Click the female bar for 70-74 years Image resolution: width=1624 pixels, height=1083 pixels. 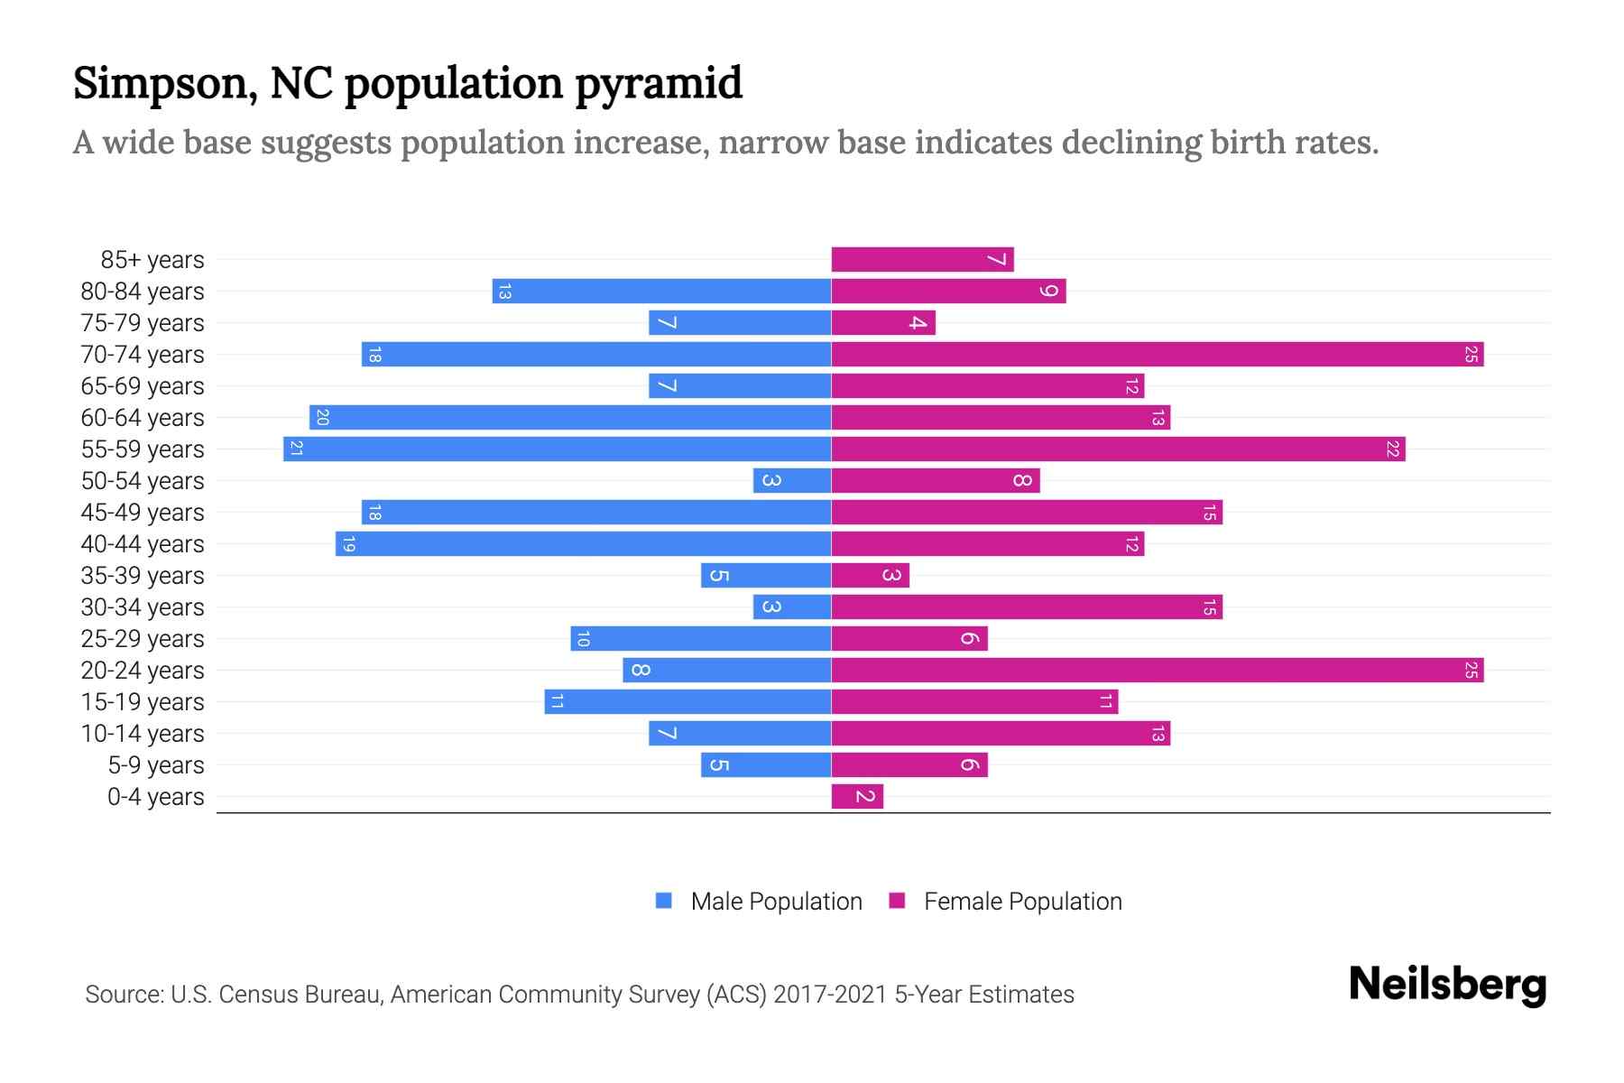click(x=1157, y=354)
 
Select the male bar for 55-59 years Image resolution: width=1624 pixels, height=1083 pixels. click(x=557, y=449)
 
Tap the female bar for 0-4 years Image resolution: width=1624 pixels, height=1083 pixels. click(x=857, y=796)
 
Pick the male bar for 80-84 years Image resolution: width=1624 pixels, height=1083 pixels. click(x=661, y=291)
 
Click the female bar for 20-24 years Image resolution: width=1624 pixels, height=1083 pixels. click(x=1157, y=670)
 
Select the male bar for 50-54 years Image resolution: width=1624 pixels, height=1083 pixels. click(x=792, y=480)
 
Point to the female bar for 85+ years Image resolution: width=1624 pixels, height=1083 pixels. click(x=922, y=259)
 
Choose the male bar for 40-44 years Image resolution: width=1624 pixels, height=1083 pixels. click(x=583, y=543)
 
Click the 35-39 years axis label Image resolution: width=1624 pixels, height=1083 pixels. click(x=143, y=576)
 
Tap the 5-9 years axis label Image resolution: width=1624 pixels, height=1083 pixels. click(x=156, y=765)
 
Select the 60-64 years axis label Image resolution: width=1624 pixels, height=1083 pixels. click(x=143, y=418)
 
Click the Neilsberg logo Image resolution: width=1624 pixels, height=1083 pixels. click(x=1447, y=985)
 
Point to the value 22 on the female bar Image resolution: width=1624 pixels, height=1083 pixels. click(x=1392, y=449)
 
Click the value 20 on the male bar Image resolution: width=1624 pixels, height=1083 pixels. click(x=322, y=417)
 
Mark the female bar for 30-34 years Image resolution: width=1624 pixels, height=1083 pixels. click(x=1027, y=606)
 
